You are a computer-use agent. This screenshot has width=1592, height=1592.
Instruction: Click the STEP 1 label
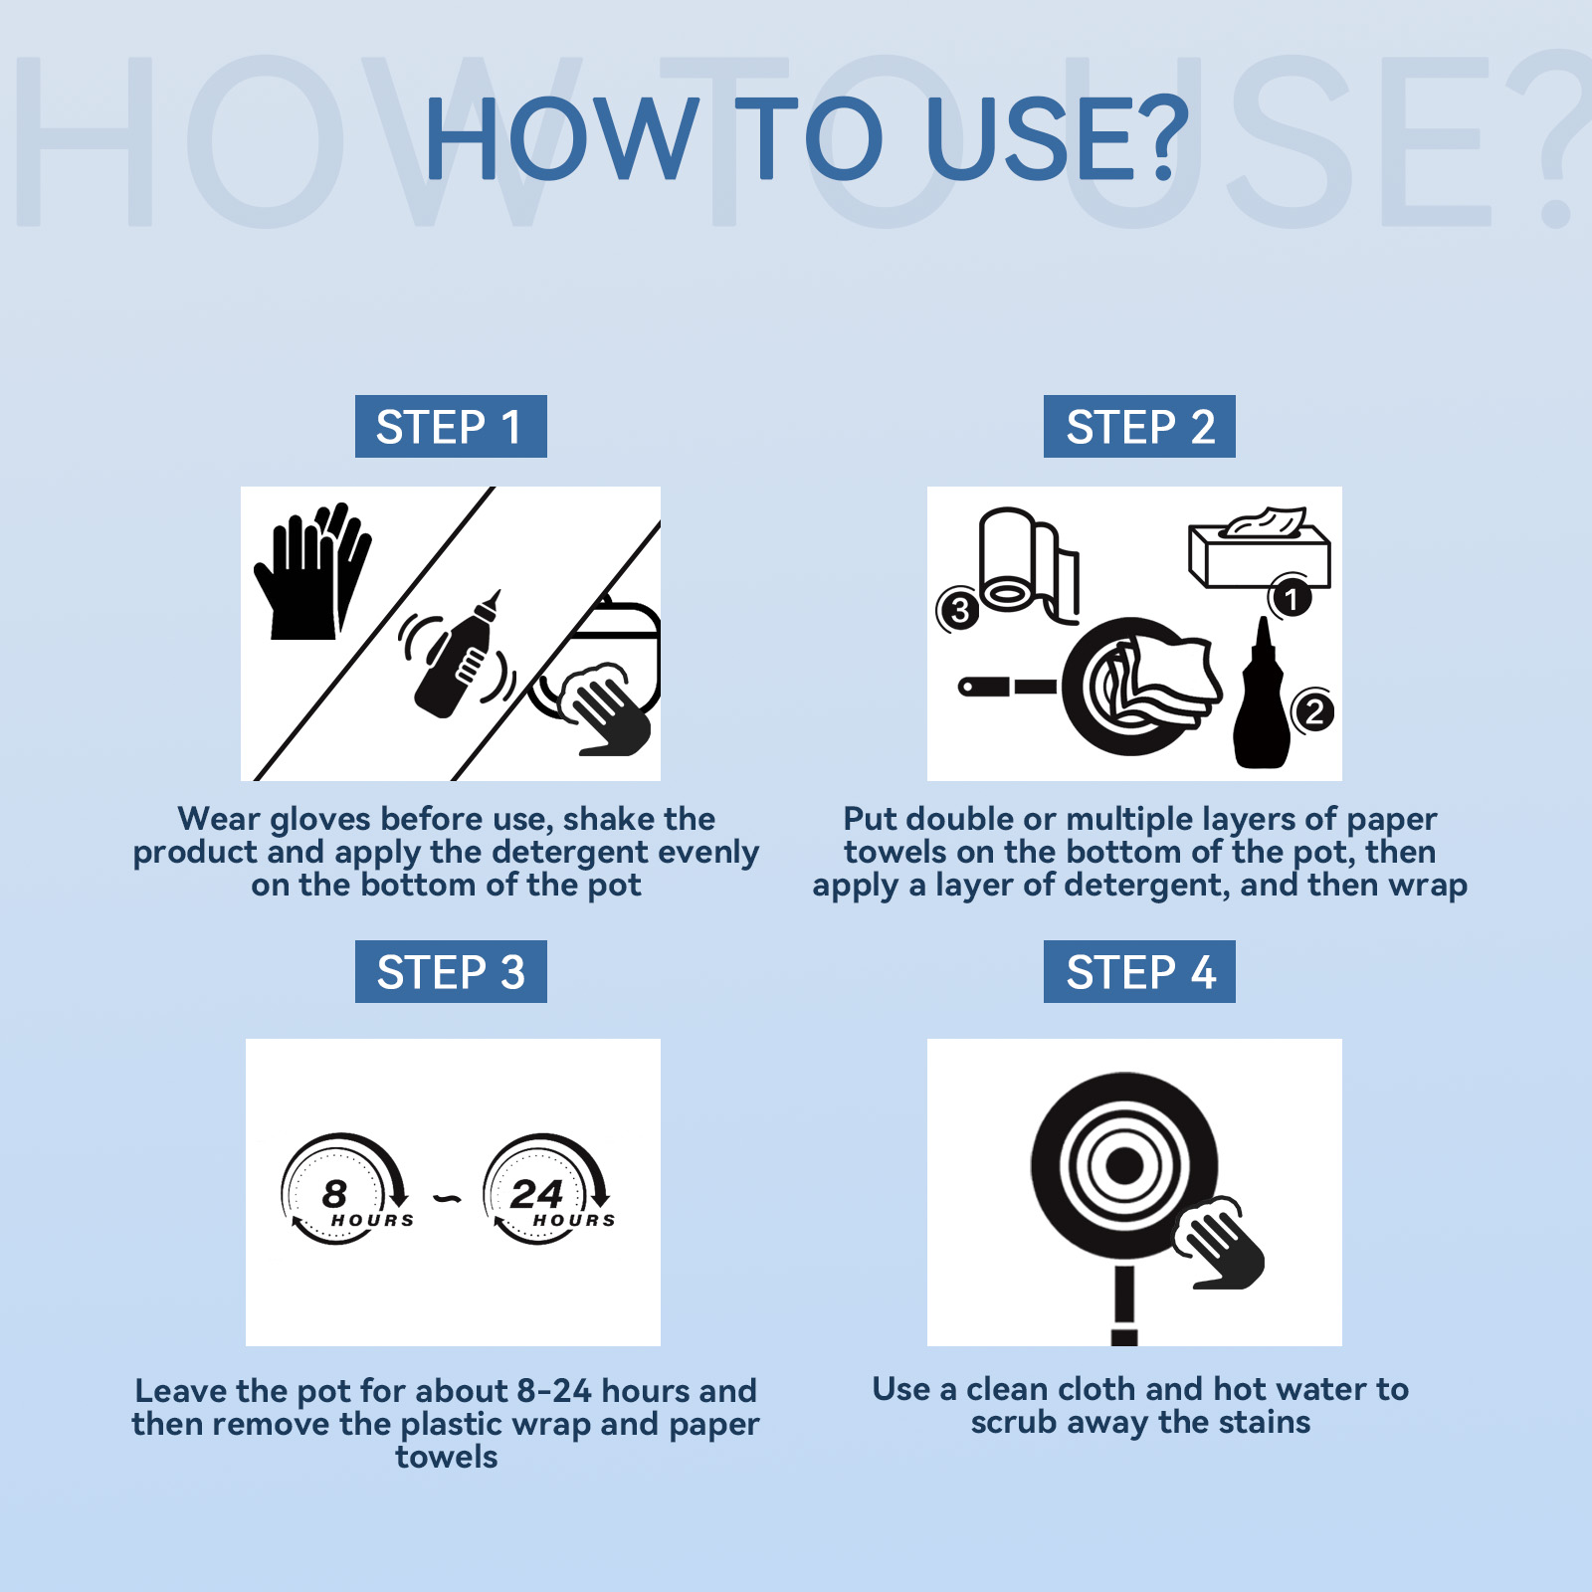(x=451, y=427)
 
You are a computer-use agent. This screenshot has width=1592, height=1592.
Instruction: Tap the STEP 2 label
(x=1139, y=427)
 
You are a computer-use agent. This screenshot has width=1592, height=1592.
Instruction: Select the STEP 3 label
(x=451, y=972)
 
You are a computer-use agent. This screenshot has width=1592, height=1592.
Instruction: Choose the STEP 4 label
(x=1139, y=972)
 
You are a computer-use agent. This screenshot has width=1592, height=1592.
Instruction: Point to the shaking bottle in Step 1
(x=459, y=654)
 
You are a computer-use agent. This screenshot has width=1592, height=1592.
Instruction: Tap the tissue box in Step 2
(x=1259, y=549)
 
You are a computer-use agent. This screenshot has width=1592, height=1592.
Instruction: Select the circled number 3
(x=959, y=610)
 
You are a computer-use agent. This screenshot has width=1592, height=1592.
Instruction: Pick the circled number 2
(x=1313, y=711)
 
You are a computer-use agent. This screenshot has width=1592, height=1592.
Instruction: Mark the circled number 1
(x=1291, y=599)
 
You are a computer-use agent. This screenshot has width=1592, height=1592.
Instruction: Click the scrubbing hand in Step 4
(x=1219, y=1244)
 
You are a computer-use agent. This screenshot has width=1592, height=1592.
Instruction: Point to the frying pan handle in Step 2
(x=1007, y=687)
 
